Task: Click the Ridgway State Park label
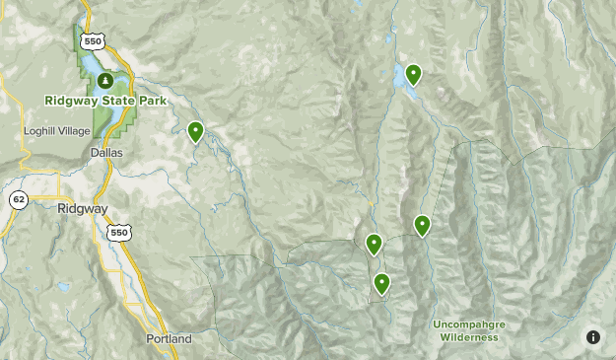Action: point(105,101)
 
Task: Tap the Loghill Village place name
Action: point(56,130)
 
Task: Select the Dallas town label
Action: point(105,153)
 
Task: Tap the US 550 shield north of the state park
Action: point(93,41)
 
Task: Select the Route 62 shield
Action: point(19,200)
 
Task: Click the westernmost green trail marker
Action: point(195,129)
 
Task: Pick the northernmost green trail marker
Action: point(413,73)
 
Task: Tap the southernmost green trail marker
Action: point(381,283)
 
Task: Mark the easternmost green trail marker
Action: point(422,225)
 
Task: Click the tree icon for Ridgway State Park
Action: point(102,80)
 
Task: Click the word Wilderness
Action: point(469,337)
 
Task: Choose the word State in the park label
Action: point(120,101)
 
